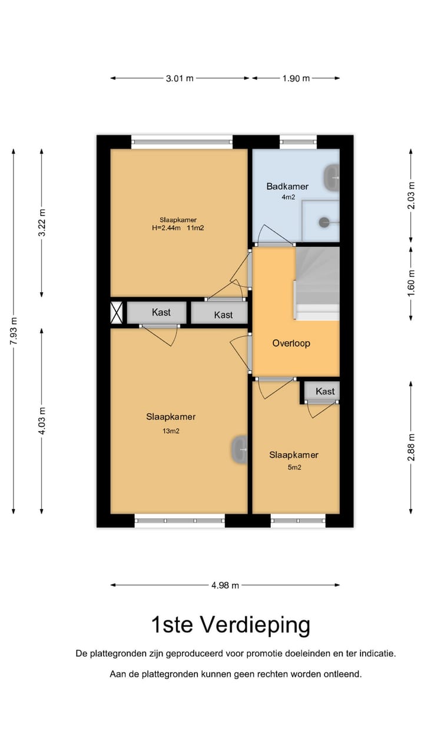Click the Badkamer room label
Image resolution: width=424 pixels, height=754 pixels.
287,186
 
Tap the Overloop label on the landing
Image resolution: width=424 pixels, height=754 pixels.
291,343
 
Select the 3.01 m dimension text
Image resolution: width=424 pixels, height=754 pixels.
180,78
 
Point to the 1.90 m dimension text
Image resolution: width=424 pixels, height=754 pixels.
296,78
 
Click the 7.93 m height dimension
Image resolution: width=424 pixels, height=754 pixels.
14,331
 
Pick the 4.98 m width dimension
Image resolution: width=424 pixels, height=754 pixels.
225,586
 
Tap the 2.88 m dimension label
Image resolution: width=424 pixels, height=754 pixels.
411,447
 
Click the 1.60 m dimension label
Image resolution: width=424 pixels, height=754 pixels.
411,284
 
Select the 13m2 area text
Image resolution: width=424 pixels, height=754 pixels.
171,431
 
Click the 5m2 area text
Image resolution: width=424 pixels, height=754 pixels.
294,467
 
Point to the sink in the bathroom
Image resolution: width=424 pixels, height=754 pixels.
332,177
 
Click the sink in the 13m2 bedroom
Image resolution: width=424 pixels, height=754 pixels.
239,449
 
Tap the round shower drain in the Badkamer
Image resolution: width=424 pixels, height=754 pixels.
324,222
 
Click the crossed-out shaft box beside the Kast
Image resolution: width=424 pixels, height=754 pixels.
117,313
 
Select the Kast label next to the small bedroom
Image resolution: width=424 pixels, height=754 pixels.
325,391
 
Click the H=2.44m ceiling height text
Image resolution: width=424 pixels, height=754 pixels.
166,228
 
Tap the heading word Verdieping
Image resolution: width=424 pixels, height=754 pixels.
255,625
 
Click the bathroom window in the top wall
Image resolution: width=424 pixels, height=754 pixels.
299,142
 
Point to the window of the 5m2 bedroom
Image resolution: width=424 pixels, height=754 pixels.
298,521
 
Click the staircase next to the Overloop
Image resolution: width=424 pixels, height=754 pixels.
317,283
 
